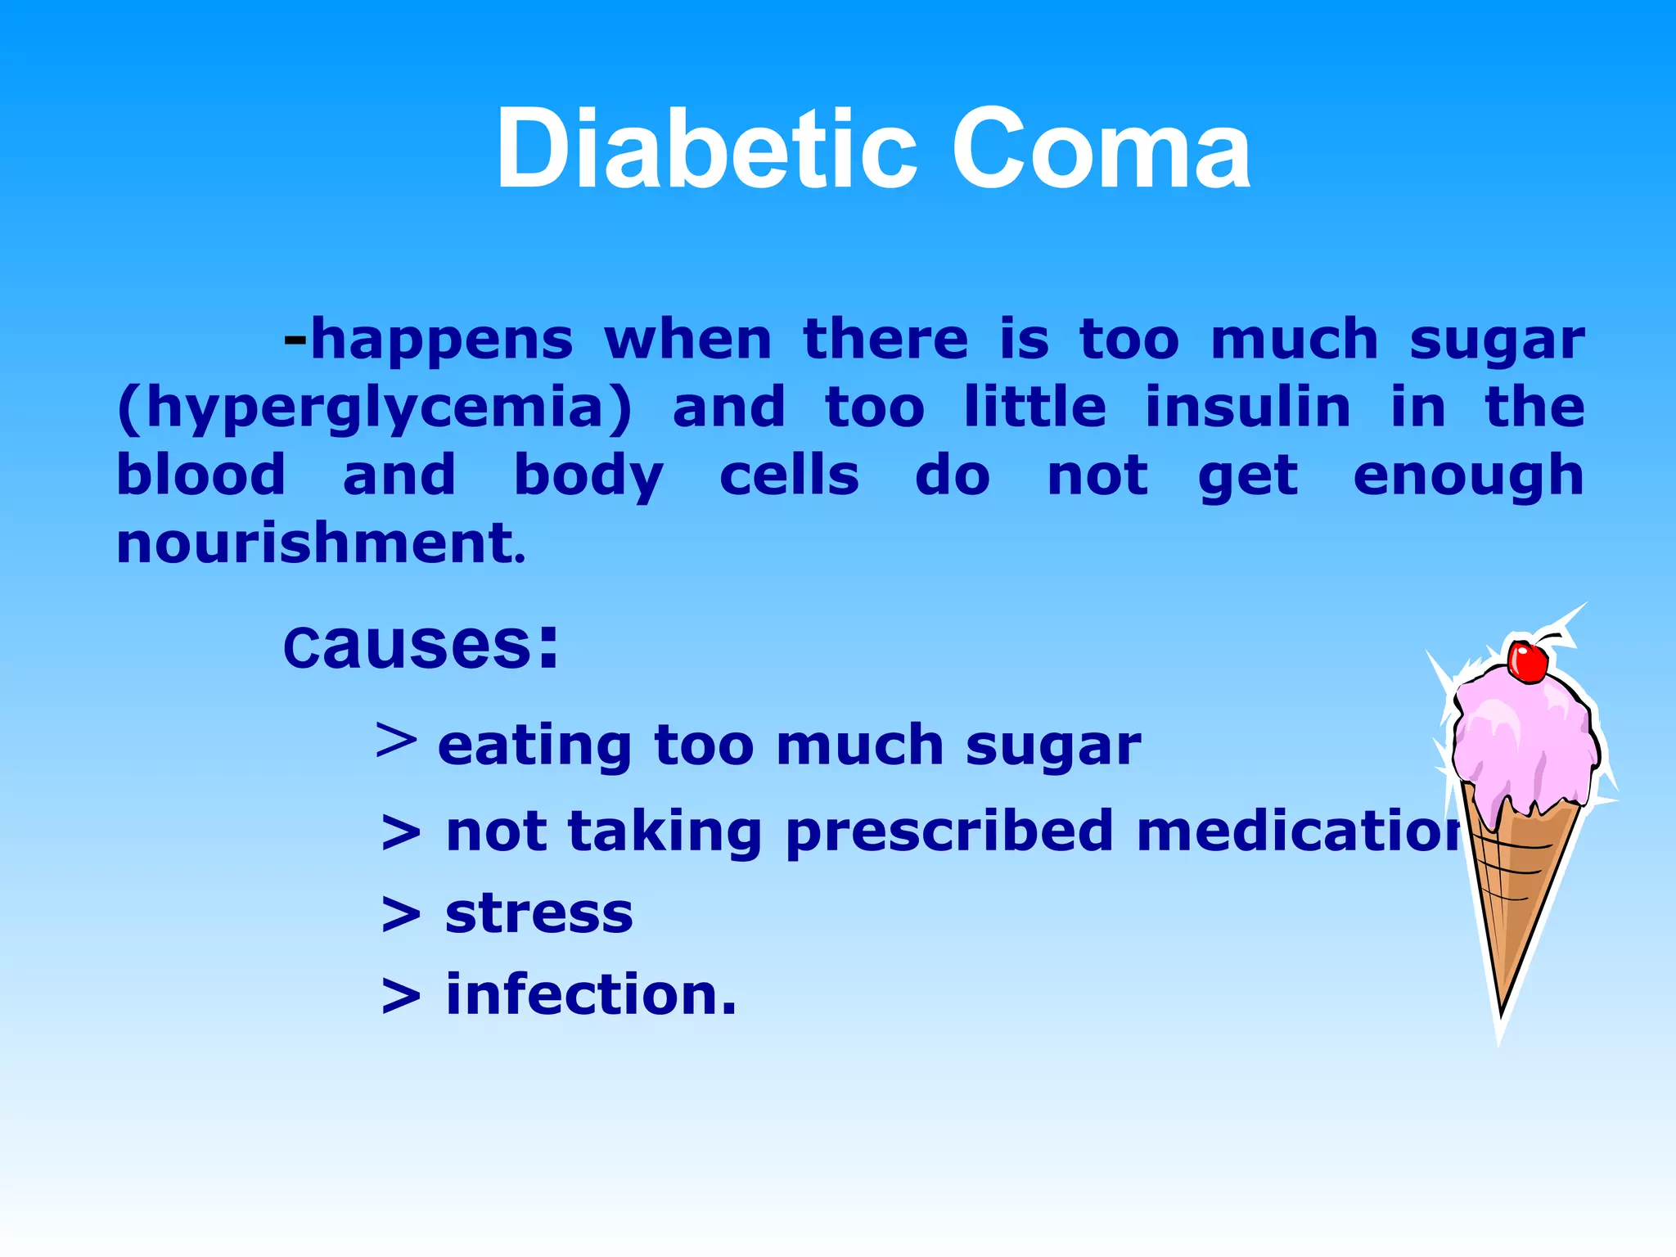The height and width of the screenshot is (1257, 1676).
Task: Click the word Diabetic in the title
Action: (705, 150)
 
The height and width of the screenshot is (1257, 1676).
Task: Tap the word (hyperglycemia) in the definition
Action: (375, 408)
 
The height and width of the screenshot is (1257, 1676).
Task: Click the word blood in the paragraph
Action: (201, 475)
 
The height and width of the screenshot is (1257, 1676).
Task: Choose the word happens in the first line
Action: (442, 340)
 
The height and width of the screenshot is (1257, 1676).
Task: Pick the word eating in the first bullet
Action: (534, 746)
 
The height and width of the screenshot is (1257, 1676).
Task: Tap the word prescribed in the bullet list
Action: (949, 832)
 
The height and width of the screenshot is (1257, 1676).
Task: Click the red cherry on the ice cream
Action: (1527, 661)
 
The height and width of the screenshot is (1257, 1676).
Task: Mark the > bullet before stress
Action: (401, 915)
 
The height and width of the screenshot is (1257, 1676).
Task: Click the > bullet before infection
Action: (401, 997)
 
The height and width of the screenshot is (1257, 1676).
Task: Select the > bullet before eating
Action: (396, 741)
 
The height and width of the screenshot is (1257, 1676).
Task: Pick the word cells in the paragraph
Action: (789, 475)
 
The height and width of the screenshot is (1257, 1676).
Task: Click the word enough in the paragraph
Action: (1468, 476)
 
